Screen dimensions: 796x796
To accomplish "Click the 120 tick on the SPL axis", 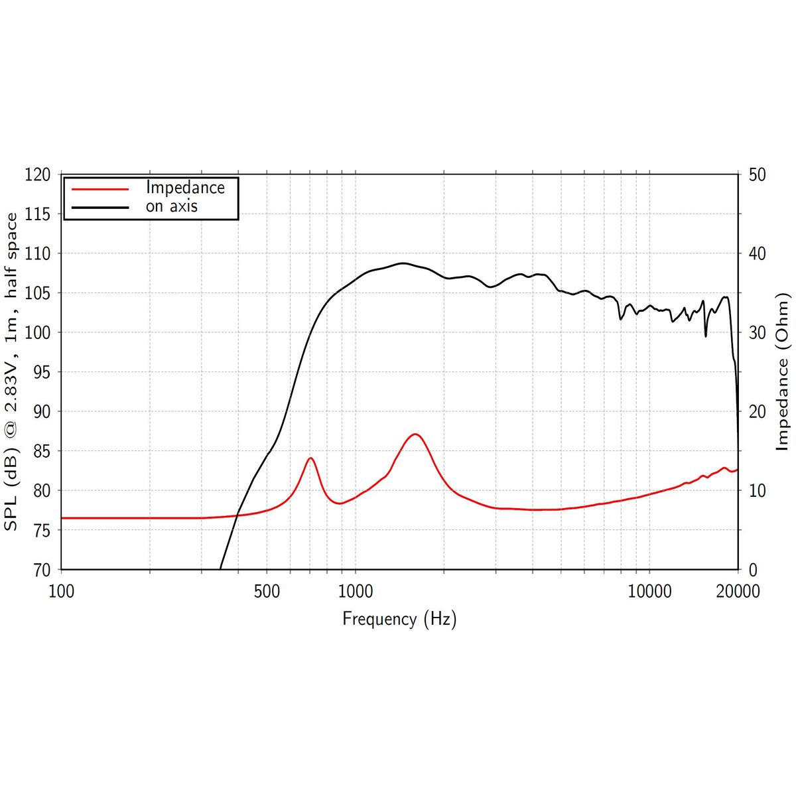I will [38, 175].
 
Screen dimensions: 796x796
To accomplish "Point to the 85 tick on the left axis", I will [38, 451].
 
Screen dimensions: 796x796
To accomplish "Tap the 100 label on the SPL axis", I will [38, 332].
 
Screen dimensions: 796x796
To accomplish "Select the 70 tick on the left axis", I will [38, 570].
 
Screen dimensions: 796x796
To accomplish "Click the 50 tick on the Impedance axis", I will [757, 175].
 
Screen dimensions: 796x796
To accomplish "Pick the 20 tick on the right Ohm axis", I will [757, 411].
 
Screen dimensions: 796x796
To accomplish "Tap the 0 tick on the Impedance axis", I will [752, 570].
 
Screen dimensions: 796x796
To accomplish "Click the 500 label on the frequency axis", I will [267, 591].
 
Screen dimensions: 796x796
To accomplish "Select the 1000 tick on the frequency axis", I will [356, 591].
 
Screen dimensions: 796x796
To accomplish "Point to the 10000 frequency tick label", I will [649, 591].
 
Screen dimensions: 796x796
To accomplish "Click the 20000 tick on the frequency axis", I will [738, 591].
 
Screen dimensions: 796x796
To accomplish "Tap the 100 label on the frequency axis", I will [62, 591].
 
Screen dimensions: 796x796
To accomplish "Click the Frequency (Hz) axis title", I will [399, 619].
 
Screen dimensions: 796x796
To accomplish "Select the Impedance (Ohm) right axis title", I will [783, 371].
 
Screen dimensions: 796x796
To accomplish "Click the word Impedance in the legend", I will [185, 188].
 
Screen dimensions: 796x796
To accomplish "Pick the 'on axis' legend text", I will [172, 206].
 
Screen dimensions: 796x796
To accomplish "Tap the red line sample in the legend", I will [99, 188].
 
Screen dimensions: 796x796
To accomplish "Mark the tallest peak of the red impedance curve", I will [415, 434].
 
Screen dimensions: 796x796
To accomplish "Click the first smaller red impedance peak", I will [310, 458].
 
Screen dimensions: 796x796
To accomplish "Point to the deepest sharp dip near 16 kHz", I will [705, 336].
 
